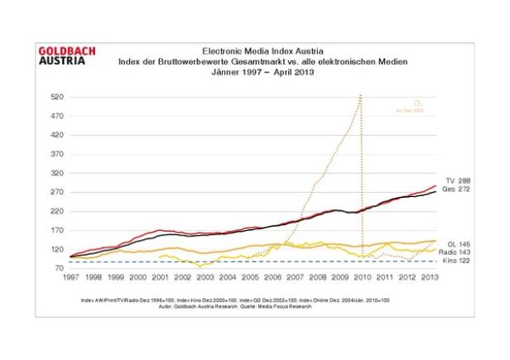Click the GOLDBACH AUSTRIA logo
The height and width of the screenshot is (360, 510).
[x=67, y=56]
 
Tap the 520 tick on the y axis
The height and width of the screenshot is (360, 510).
[x=57, y=97]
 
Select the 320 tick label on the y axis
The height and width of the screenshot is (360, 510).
[x=57, y=173]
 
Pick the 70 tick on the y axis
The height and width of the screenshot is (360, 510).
[x=60, y=268]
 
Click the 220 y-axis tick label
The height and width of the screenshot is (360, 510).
[x=57, y=211]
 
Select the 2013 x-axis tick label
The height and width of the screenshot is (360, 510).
[x=429, y=278]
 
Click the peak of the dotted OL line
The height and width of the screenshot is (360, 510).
[x=360, y=96]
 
